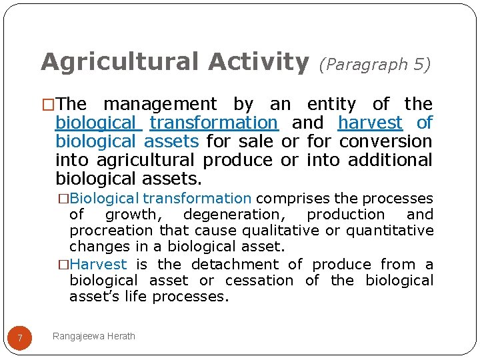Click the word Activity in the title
click(258, 62)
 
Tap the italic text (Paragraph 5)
click(375, 64)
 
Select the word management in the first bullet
click(160, 104)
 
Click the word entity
click(331, 104)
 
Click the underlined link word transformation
click(213, 123)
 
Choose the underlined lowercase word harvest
click(370, 123)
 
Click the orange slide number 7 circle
click(20, 338)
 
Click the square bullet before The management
click(48, 105)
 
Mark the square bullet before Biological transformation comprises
click(63, 199)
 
